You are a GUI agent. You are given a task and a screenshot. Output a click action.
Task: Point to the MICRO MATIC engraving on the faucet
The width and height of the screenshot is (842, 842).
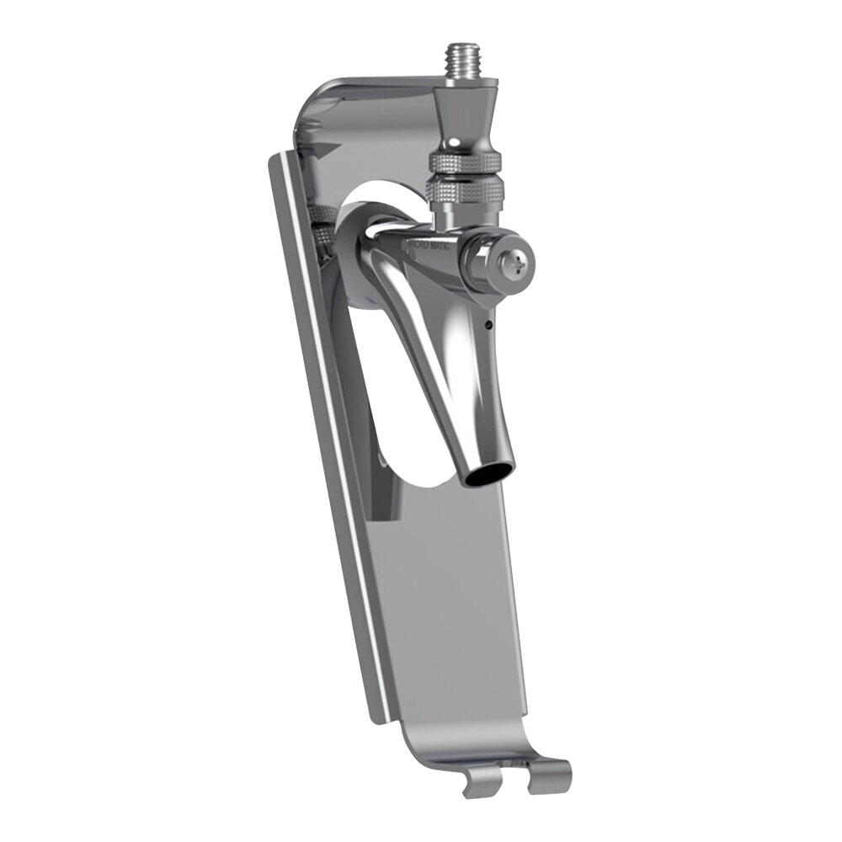click(x=430, y=247)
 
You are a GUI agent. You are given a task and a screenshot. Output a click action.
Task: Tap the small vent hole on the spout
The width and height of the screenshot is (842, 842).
click(x=490, y=322)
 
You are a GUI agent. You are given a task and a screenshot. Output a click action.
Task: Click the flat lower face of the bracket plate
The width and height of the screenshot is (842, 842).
click(x=455, y=606)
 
